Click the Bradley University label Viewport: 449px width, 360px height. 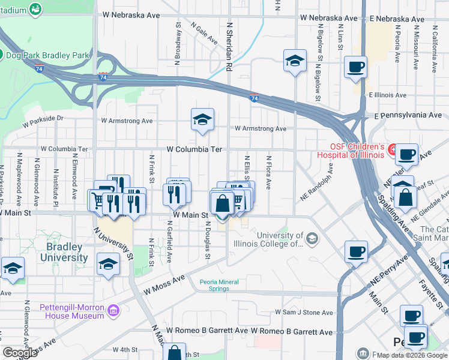[64, 252]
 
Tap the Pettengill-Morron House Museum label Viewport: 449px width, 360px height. [72, 311]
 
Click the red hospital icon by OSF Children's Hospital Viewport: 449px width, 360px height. [392, 149]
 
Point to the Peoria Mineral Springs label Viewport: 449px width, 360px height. [215, 285]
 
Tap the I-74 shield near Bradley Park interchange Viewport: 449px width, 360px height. [103, 77]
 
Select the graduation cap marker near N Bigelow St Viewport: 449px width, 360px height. [295, 61]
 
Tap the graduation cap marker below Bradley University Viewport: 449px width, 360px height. [108, 264]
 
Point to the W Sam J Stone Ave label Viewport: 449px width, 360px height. [304, 313]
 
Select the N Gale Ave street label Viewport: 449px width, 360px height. [205, 34]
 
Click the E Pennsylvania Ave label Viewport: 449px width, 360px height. [408, 115]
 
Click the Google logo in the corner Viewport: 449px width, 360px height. [20, 353]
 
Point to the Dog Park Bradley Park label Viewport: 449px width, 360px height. [47, 55]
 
